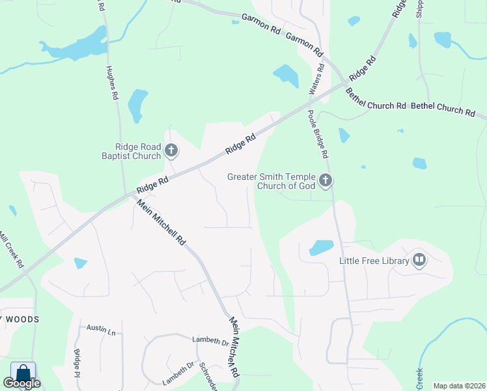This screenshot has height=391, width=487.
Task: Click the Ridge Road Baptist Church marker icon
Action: coord(171,151)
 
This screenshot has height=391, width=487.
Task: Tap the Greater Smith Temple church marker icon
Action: coord(326,180)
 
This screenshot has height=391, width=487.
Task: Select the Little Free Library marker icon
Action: coord(419,261)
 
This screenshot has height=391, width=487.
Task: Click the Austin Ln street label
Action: coord(101,330)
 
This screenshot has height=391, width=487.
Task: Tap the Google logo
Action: coord(22,383)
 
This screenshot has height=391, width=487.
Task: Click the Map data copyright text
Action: coord(459,386)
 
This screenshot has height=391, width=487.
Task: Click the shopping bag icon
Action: coord(23,373)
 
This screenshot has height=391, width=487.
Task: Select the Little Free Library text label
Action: coord(374,261)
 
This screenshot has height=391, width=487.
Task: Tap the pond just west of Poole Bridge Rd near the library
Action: coord(321,248)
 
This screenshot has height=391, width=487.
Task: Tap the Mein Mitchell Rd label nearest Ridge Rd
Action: coord(161,225)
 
